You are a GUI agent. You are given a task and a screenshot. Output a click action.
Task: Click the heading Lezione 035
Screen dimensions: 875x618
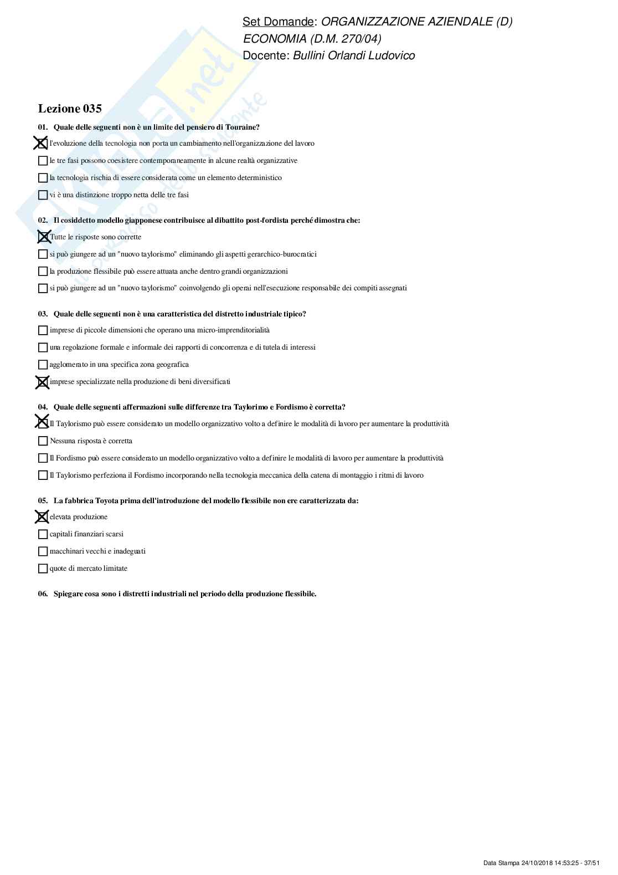(x=70, y=109)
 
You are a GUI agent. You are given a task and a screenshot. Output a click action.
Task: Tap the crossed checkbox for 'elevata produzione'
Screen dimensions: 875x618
(x=42, y=517)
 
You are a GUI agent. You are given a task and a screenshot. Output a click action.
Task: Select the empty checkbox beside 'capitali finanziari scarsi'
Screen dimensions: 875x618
(x=43, y=534)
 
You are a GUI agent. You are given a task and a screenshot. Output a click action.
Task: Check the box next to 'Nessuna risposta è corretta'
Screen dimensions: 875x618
(x=43, y=441)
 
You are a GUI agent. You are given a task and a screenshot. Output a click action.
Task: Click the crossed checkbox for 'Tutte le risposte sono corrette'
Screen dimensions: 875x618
(x=43, y=237)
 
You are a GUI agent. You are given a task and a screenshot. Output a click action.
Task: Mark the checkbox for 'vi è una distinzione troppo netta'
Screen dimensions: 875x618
(x=43, y=195)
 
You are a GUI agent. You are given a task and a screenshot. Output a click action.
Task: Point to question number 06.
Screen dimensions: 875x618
(x=43, y=594)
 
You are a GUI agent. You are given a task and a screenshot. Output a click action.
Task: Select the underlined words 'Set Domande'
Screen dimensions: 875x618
(x=278, y=22)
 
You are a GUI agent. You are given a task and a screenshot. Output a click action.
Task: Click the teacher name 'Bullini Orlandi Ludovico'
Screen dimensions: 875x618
(x=353, y=55)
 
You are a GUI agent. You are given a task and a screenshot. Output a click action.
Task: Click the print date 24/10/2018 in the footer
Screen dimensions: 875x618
(x=537, y=863)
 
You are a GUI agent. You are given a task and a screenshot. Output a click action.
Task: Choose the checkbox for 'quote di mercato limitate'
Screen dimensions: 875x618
(x=43, y=569)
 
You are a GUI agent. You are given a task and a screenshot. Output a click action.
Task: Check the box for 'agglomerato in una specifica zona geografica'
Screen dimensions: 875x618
(x=43, y=365)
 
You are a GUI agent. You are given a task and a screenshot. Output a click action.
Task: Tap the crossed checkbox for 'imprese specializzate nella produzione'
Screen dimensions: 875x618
(x=42, y=382)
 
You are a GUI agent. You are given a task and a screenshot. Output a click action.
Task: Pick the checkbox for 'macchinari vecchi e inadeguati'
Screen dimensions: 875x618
(x=43, y=551)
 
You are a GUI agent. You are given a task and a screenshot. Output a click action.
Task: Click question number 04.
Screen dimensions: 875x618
(x=43, y=407)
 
